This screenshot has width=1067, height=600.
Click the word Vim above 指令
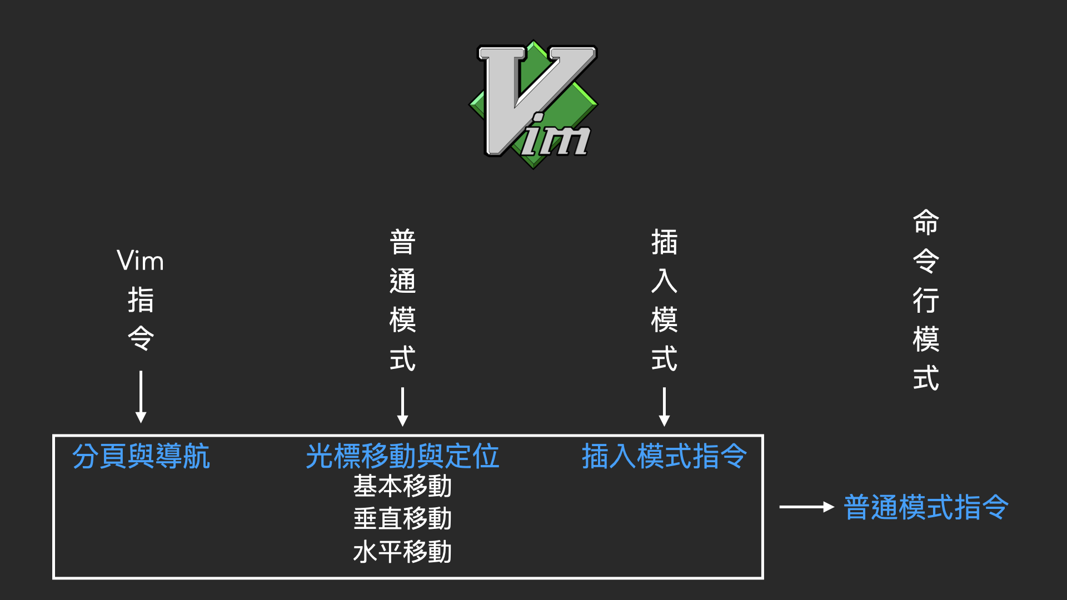point(141,261)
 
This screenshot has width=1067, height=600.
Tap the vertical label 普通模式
point(403,300)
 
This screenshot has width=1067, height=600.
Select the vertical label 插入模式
point(664,300)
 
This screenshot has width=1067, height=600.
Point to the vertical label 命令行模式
point(926,300)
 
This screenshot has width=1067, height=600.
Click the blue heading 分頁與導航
point(141,456)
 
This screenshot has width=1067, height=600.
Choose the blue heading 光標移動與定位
point(402,456)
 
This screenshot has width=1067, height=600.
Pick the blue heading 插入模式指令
point(664,456)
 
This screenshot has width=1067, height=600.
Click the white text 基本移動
point(402,486)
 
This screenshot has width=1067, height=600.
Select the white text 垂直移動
point(402,519)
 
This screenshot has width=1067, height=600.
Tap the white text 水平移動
point(402,552)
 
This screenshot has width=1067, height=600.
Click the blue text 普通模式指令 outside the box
point(926,507)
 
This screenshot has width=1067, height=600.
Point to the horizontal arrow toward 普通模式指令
point(806,507)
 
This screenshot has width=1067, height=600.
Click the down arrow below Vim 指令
point(141,397)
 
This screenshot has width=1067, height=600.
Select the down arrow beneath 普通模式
point(403,407)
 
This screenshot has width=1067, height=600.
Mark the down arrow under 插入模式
point(664,407)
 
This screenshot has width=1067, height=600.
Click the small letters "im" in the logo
point(556,136)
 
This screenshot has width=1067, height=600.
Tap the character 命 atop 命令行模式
point(926,222)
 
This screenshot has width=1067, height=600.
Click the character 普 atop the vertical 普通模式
point(403,242)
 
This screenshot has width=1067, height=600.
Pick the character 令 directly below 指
point(141,338)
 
